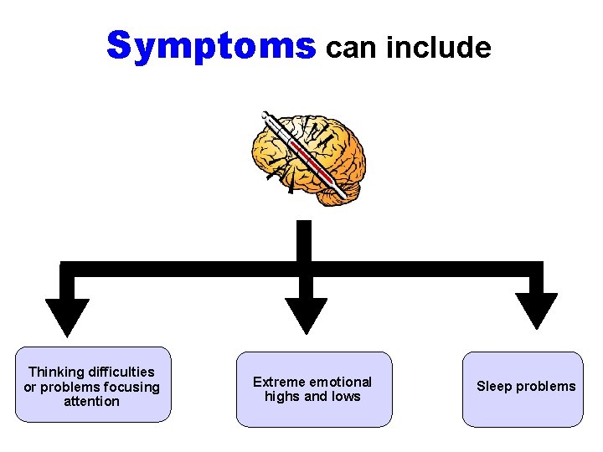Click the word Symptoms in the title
(211, 47)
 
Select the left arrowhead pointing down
(67, 315)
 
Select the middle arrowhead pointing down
(306, 315)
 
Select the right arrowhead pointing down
(535, 310)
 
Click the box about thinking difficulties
(92, 385)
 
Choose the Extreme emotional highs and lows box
(312, 389)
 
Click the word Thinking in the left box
(56, 372)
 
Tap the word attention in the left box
(92, 402)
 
